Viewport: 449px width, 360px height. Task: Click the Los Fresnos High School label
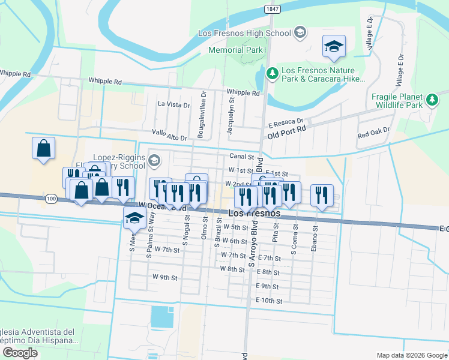(247, 32)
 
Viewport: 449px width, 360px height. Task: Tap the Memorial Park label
(234, 50)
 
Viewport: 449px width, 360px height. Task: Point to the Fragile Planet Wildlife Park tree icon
(432, 100)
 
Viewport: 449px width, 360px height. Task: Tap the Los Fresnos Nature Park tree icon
(272, 73)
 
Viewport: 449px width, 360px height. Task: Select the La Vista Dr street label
(173, 104)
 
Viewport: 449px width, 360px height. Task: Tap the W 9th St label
(164, 277)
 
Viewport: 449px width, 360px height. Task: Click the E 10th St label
(268, 300)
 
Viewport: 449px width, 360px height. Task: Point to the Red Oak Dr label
(373, 132)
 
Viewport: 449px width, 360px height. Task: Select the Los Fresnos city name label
(255, 214)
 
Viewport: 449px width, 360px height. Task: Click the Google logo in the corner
(20, 353)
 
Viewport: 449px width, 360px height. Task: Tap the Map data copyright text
(412, 355)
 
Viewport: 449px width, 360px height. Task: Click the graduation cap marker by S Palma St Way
(134, 219)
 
